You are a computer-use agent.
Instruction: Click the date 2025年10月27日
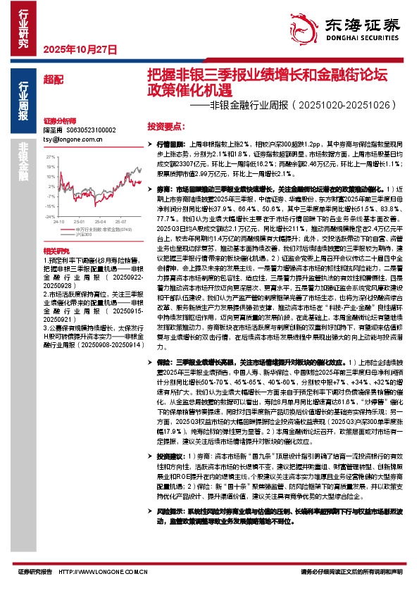69,49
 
